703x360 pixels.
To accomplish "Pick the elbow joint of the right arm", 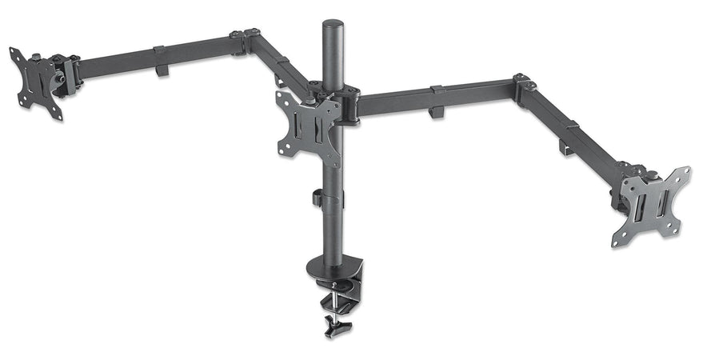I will [525, 85].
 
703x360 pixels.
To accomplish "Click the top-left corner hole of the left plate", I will [14, 53].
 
